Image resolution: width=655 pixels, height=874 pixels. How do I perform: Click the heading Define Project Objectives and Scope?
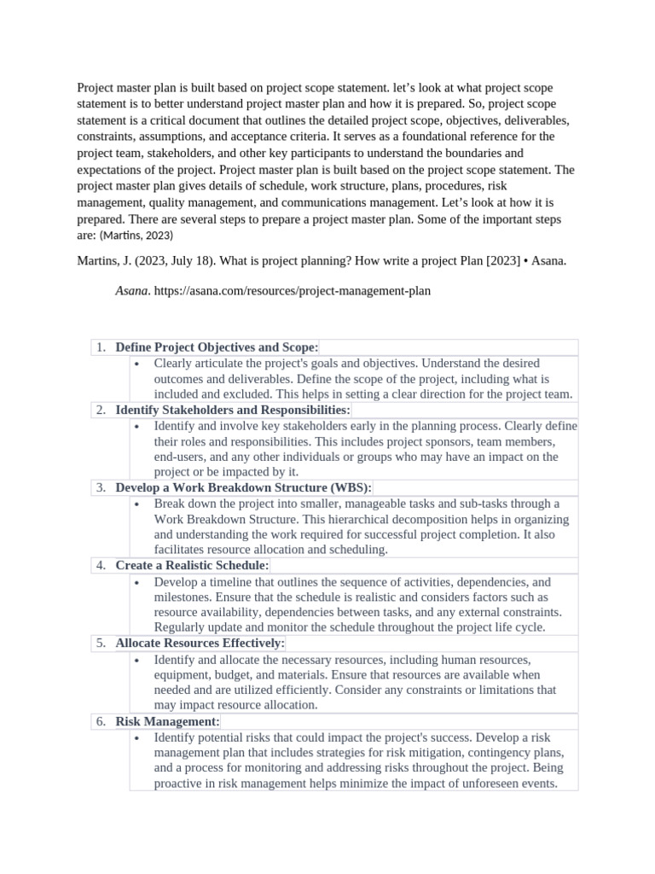[217, 347]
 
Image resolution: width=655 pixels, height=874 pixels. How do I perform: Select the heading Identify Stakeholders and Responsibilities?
[233, 410]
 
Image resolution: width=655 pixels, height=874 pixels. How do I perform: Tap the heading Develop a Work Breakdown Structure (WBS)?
[243, 487]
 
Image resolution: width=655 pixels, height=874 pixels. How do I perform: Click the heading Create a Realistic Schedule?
[192, 565]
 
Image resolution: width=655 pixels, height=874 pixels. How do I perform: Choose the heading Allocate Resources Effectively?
[200, 643]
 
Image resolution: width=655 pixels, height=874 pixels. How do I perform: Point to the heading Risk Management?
[167, 721]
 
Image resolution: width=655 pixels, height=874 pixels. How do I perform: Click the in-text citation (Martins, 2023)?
[136, 235]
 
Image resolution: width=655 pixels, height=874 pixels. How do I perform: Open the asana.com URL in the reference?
[292, 291]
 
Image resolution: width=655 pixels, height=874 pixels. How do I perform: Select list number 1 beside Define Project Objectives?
[100, 347]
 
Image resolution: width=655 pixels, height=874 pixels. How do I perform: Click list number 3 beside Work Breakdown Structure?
[100, 487]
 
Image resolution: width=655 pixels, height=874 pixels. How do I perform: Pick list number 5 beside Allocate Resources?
[100, 643]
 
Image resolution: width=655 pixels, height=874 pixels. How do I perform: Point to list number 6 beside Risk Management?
[100, 721]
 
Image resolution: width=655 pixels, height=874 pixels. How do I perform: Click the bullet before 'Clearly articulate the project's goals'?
[138, 364]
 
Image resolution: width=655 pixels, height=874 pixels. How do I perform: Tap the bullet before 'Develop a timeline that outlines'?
[138, 581]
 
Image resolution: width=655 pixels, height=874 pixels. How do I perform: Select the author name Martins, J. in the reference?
[102, 261]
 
